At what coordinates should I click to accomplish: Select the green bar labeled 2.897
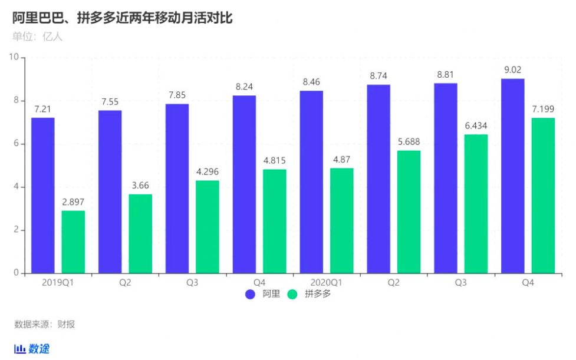pyautogui.click(x=73, y=242)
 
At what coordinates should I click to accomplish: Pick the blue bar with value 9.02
pyautogui.click(x=512, y=176)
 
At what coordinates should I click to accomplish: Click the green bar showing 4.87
pyautogui.click(x=342, y=221)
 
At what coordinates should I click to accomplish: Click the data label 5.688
pyautogui.click(x=409, y=142)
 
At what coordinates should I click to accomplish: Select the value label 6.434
pyautogui.click(x=476, y=125)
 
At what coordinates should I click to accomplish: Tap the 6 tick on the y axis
pyautogui.click(x=17, y=144)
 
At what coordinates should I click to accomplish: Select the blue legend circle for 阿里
pyautogui.click(x=250, y=294)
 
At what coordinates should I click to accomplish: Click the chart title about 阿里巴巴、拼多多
pyautogui.click(x=123, y=18)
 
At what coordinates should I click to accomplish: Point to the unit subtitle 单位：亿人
pyautogui.click(x=37, y=37)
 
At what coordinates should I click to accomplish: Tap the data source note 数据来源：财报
pyautogui.click(x=45, y=325)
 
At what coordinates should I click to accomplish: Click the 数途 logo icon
pyautogui.click(x=20, y=349)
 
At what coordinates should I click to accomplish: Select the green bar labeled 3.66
pyautogui.click(x=140, y=234)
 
